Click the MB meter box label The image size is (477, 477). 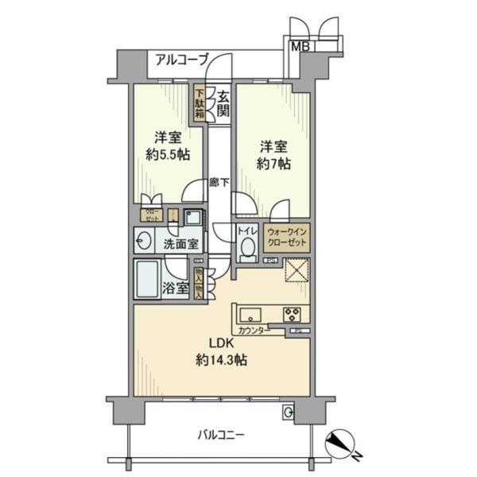tap(301, 46)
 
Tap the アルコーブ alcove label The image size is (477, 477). tap(181, 59)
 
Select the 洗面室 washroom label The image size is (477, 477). tap(182, 243)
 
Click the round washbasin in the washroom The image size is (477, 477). tap(145, 241)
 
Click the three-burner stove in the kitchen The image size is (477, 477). tap(292, 312)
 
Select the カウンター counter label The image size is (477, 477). tap(253, 330)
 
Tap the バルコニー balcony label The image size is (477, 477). tap(221, 435)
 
